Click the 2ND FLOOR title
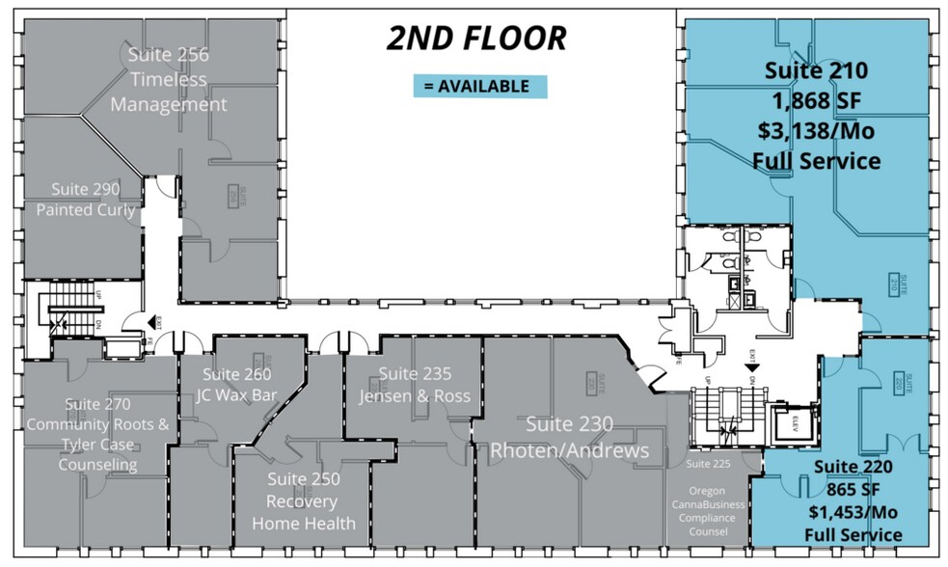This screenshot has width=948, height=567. pos(475,38)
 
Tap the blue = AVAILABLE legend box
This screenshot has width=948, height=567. pos(479,86)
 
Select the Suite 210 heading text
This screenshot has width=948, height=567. pos(816,70)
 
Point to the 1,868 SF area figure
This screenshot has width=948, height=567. pos(816,100)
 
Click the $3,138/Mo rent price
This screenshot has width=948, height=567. pos(816,130)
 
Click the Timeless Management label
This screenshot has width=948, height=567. pos(169,93)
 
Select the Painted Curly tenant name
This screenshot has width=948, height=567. pos(86,210)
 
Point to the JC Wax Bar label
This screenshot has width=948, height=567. pos(237,393)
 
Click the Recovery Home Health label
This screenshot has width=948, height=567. pos(303,513)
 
